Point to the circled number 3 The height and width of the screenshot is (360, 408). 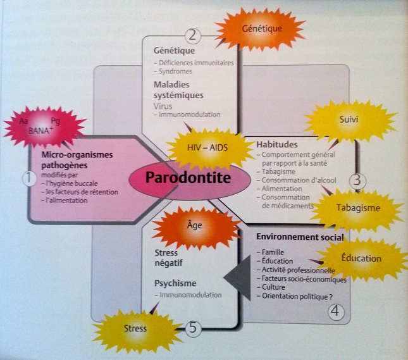coord(357,180)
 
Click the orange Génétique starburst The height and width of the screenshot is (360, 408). coord(262,28)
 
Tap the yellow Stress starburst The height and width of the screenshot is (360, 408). coord(135,328)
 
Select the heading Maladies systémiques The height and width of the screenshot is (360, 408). coord(179,90)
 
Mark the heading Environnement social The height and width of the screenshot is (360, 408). coord(300,237)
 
